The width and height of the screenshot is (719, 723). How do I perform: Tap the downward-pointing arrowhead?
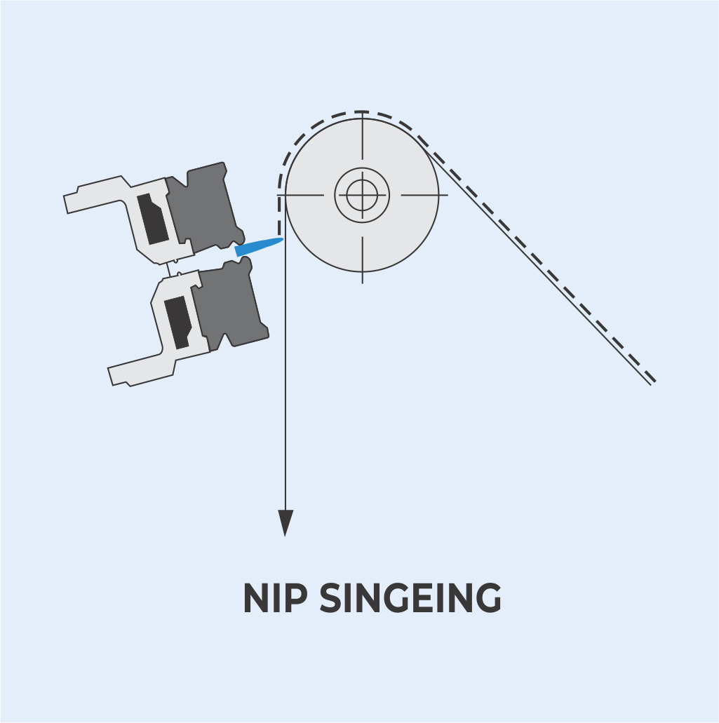[x=285, y=522]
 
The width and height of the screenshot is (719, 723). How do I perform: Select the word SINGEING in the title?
[x=410, y=599]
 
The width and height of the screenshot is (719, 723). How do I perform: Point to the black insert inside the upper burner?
[x=152, y=219]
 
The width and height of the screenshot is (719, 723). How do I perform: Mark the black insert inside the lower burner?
[x=176, y=322]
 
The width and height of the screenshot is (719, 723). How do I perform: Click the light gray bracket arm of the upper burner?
[x=98, y=196]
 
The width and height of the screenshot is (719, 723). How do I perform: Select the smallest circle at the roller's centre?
[x=362, y=195]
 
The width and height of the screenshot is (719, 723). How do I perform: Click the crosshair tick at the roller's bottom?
[x=362, y=259]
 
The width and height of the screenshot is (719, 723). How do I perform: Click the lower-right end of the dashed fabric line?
[x=652, y=380]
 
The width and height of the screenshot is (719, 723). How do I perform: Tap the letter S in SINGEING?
[x=331, y=599]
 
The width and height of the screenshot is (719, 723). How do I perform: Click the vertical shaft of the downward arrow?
[x=285, y=386]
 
